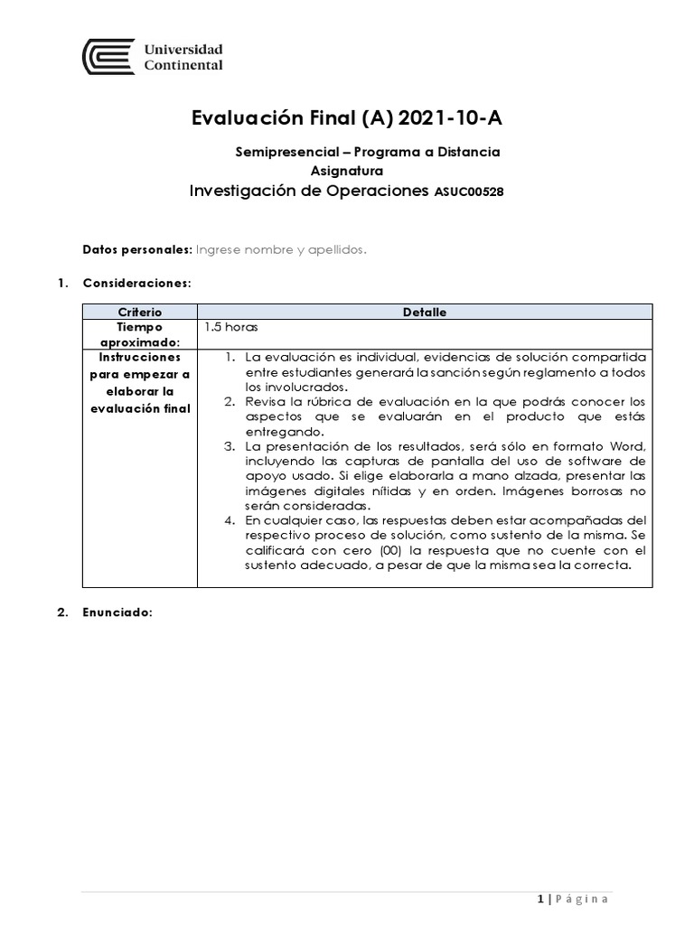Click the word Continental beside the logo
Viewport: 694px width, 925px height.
coord(183,65)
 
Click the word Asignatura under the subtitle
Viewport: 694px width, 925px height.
coord(347,170)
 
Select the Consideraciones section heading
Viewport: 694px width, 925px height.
coord(136,283)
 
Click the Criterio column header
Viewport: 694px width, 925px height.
coord(140,312)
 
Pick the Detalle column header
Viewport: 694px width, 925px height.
coord(425,312)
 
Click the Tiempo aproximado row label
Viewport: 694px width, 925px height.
coord(140,334)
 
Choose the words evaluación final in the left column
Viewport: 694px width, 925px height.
coord(140,408)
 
